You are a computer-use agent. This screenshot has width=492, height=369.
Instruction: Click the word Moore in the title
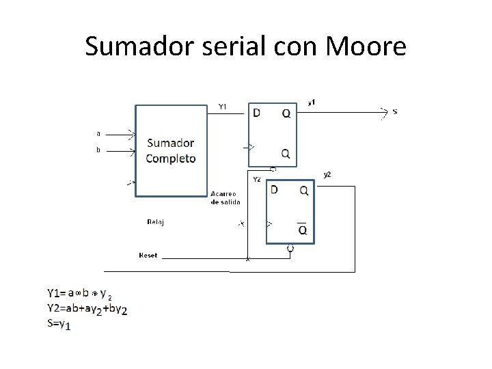[x=367, y=46]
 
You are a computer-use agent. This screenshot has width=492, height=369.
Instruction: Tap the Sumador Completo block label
[x=171, y=151]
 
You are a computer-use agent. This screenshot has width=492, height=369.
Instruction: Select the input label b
[x=98, y=150]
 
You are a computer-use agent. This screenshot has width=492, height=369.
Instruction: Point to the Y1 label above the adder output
[x=223, y=106]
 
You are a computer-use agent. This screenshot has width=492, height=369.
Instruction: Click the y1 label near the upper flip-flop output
[x=312, y=102]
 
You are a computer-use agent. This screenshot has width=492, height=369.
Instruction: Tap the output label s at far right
[x=395, y=111]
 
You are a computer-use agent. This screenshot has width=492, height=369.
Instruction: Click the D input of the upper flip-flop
[x=256, y=113]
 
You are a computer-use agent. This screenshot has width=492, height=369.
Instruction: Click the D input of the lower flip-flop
[x=274, y=189]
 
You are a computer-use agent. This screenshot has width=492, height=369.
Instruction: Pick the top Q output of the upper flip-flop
[x=286, y=113]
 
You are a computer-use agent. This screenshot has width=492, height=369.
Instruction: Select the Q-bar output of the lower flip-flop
[x=302, y=230]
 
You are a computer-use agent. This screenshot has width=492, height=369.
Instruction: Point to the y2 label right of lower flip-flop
[x=327, y=175]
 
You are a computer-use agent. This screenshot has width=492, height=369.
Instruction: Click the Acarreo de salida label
[x=225, y=198]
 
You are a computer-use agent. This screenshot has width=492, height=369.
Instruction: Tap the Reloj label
[x=156, y=221]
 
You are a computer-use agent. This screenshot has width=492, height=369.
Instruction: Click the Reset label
[x=148, y=255]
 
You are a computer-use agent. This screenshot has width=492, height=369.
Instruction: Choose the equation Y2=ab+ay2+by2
[x=87, y=310]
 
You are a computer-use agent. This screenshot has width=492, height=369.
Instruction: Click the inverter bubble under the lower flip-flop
[x=290, y=247]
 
